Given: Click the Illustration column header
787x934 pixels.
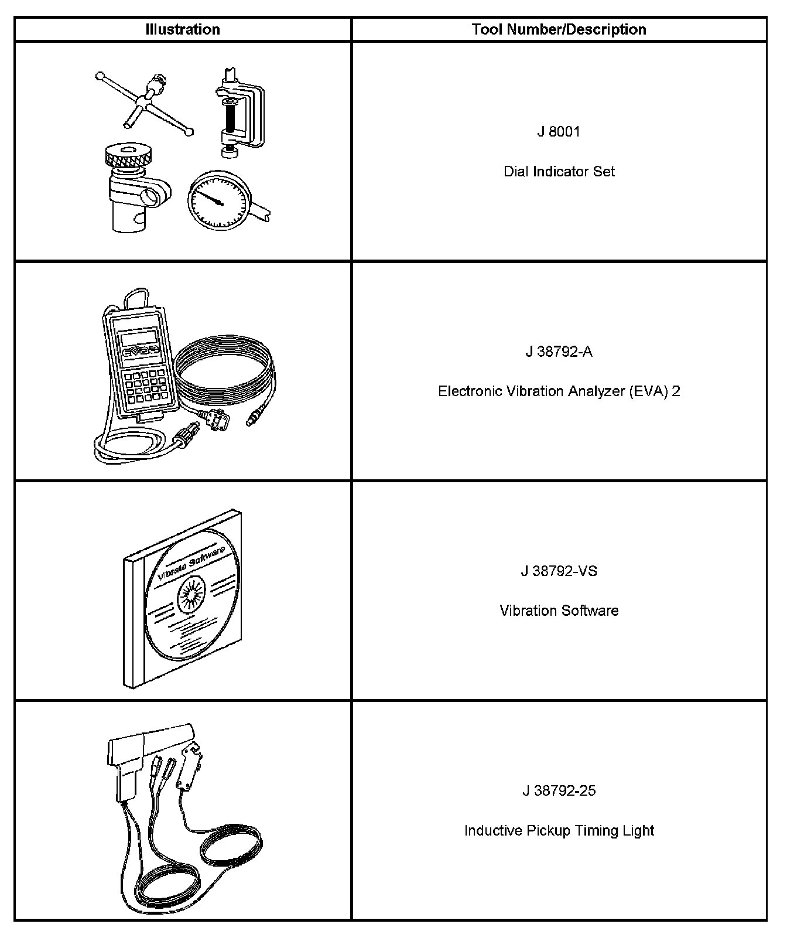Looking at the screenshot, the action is click(183, 29).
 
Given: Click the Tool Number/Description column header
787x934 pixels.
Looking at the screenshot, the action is click(559, 29).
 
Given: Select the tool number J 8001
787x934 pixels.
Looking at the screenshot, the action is click(559, 132).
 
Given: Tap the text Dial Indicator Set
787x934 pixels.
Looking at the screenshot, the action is click(559, 172).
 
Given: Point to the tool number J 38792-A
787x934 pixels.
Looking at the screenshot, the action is click(559, 352).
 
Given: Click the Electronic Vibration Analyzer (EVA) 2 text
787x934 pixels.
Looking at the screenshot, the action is click(559, 391).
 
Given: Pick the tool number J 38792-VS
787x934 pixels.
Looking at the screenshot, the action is click(559, 571).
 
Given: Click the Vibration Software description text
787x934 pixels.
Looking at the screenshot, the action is click(559, 611).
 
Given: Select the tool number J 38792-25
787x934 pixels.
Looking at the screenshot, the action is click(559, 790).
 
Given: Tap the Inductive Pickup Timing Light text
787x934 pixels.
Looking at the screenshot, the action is click(559, 830).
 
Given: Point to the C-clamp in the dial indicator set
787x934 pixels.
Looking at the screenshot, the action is click(240, 114).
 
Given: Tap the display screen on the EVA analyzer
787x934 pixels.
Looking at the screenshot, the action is click(139, 338).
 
